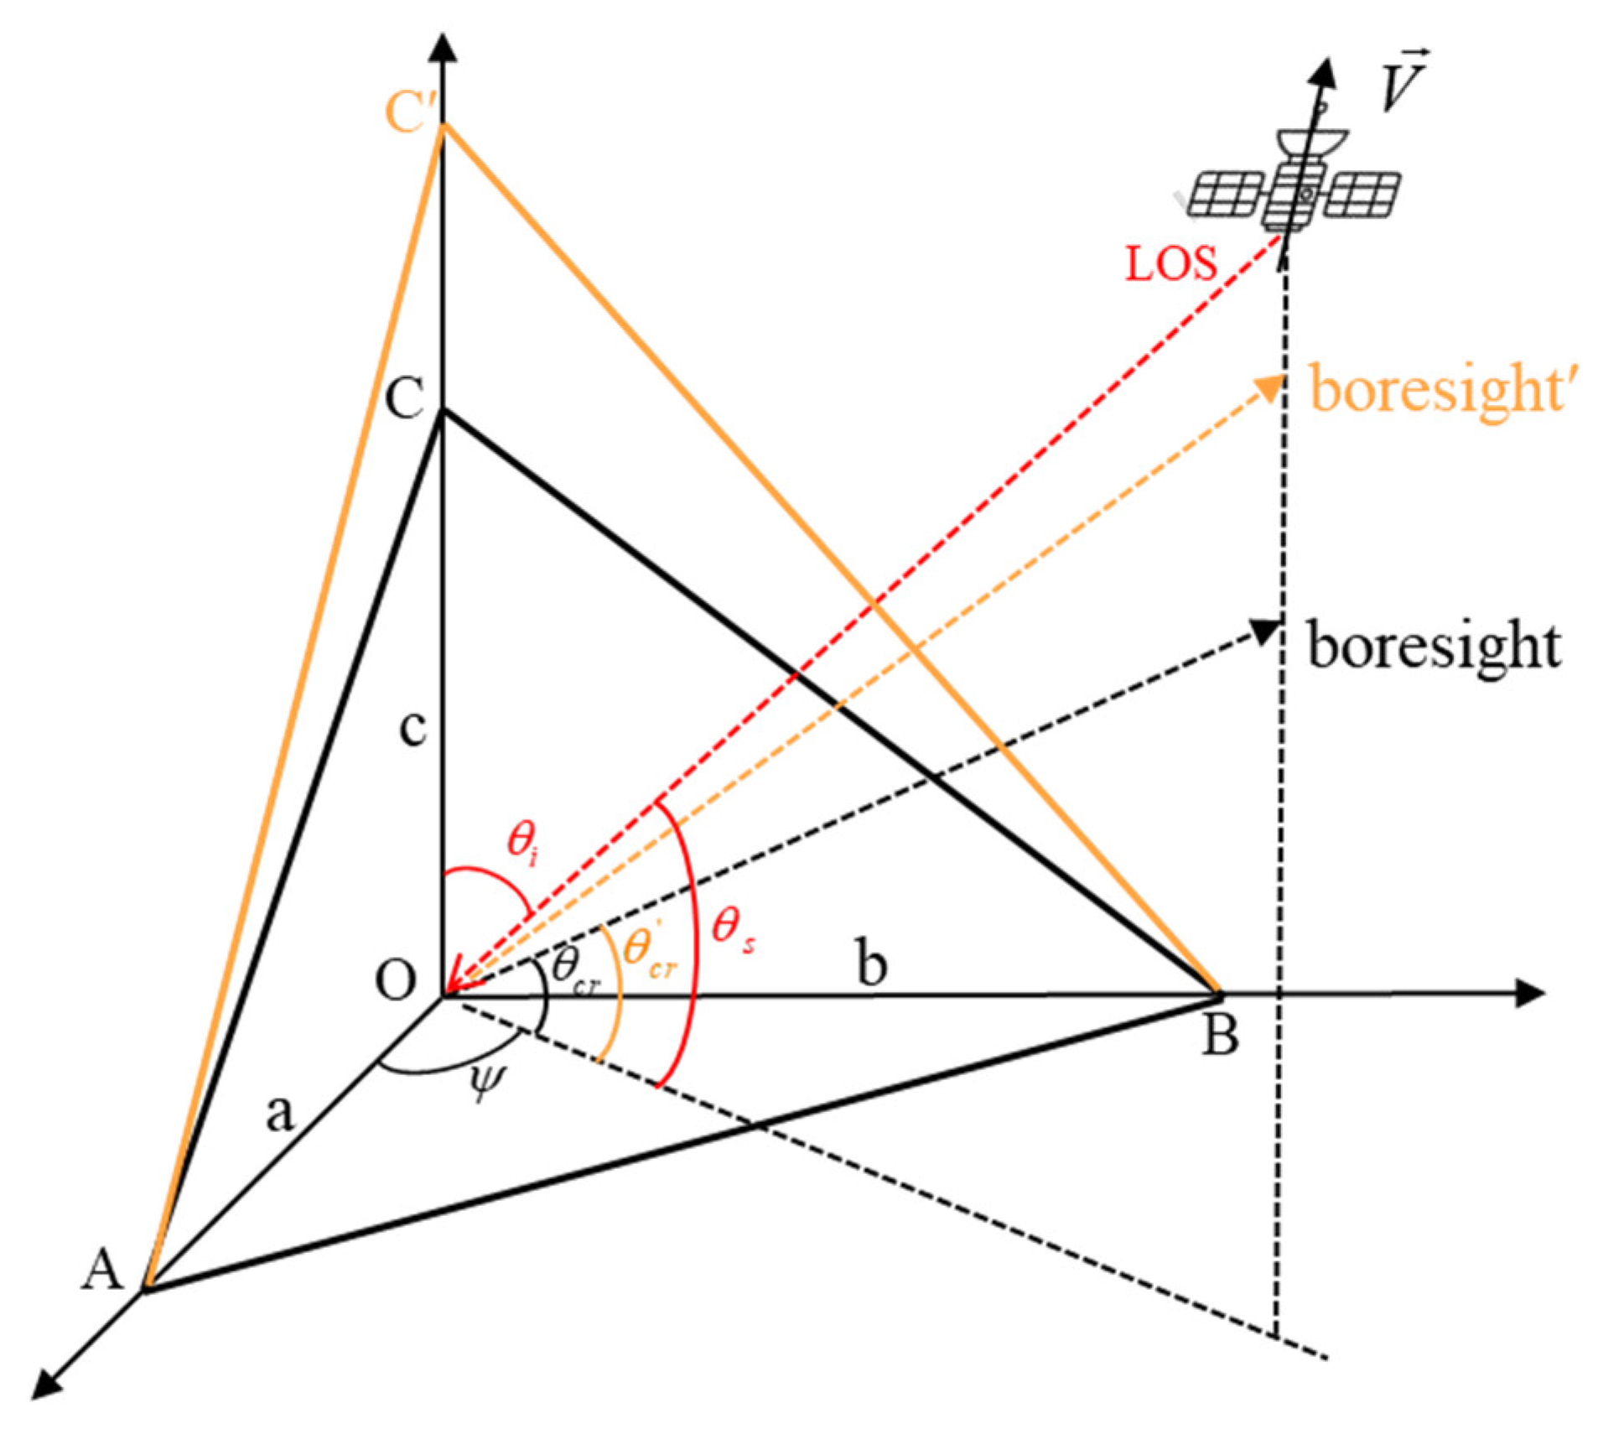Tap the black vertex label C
coord(404,397)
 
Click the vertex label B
coord(1219,1036)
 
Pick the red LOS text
coord(1170,264)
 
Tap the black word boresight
coord(1434,646)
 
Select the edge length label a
coord(280,1113)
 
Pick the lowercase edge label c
coord(412,728)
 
